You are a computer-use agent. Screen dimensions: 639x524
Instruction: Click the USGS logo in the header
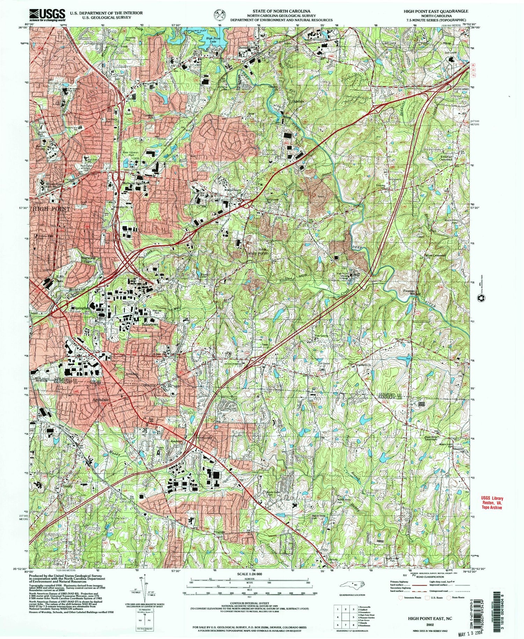click(x=48, y=14)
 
